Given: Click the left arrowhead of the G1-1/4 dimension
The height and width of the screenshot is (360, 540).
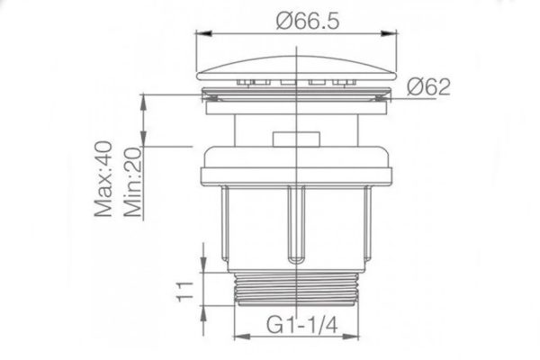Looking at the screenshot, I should tap(238, 337).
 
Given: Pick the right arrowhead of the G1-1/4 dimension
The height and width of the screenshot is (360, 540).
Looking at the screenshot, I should tap(360, 337).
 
